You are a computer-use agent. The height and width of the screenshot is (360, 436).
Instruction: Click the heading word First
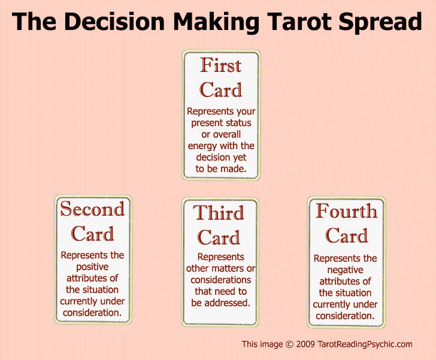coord(220,65)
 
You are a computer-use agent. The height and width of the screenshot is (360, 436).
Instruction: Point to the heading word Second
coord(92,209)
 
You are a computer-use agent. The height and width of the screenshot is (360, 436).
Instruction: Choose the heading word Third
coord(219,213)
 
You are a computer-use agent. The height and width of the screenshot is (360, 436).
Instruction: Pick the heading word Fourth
coord(346,211)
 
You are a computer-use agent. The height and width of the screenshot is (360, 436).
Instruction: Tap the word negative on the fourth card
coord(346,270)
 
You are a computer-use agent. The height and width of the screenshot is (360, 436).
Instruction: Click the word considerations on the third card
coord(220,280)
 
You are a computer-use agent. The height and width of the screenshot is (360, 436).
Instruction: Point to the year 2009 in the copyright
coord(306,344)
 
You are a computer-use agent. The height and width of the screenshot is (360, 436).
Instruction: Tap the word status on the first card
coord(238,123)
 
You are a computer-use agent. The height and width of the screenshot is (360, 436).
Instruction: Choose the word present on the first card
coord(208,123)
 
